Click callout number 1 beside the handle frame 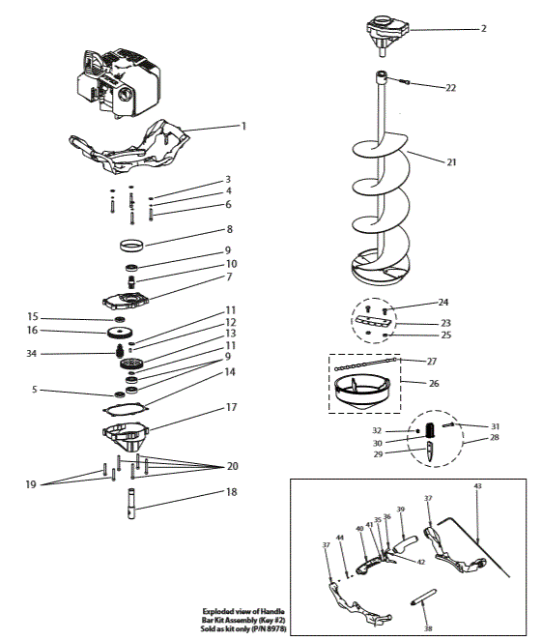[244, 126]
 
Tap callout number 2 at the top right [482, 28]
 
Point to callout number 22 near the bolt [450, 88]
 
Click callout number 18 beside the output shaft [229, 492]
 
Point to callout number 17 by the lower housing [231, 408]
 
